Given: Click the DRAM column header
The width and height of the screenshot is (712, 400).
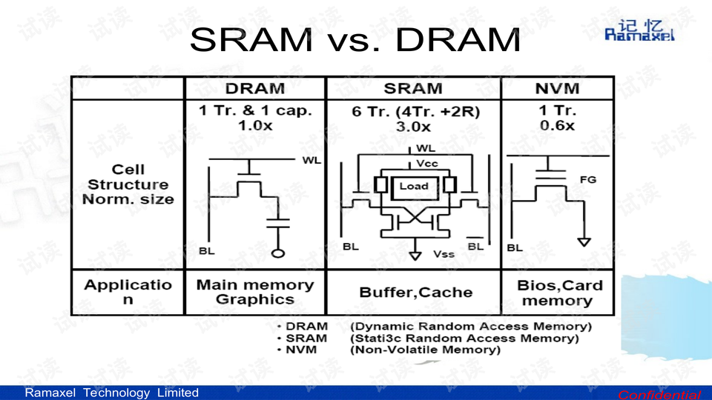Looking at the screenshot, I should point(254,89).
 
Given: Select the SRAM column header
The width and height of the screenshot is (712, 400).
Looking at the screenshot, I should point(412,89).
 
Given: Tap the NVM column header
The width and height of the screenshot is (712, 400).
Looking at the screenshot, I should point(557,89).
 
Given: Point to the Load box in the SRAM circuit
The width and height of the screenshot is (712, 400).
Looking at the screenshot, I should point(414,186).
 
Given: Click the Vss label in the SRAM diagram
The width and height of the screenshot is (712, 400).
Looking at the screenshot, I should point(444,254).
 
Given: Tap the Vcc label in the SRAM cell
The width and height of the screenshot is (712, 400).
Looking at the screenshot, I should point(427,163).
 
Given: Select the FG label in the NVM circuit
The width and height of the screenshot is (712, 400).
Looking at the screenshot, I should point(587,179).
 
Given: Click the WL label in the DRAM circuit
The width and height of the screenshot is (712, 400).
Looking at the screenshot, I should point(311,161).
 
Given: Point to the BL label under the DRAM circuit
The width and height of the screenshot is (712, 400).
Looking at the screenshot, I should point(207,251).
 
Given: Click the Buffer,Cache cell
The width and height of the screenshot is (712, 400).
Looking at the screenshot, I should point(415,293).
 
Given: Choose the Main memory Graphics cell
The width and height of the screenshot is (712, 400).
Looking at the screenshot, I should point(254,292).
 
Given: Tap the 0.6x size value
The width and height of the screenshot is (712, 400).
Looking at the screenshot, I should point(557,126).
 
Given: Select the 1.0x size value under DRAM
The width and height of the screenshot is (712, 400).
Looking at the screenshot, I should point(254,126).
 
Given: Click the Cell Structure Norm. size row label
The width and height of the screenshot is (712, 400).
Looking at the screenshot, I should point(128,184).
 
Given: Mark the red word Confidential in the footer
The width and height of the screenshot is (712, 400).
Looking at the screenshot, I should point(659,394).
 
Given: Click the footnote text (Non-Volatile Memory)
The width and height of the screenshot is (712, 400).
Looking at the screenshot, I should point(425,350).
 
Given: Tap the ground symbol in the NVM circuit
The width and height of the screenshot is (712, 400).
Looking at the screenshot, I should point(584,241).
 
